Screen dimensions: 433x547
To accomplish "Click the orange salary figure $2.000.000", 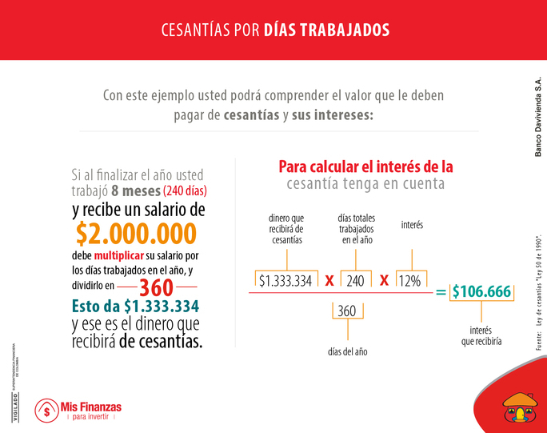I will (136, 233).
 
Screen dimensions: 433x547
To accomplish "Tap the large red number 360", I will (156, 287).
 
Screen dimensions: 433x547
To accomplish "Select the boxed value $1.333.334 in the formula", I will (285, 281).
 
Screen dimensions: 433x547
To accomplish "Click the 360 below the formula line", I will (346, 311).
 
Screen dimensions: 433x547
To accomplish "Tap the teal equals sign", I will (441, 292).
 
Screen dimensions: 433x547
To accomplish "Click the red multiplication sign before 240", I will (328, 281).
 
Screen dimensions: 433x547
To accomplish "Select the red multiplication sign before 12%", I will (384, 281).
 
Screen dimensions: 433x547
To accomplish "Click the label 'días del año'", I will (346, 351).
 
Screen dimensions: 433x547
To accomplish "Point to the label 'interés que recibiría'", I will (481, 335).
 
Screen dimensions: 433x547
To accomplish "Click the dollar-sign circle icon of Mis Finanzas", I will (45, 411).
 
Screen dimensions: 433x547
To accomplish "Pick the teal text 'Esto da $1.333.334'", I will (134, 307).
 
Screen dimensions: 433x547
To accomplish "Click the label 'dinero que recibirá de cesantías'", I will (287, 229).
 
